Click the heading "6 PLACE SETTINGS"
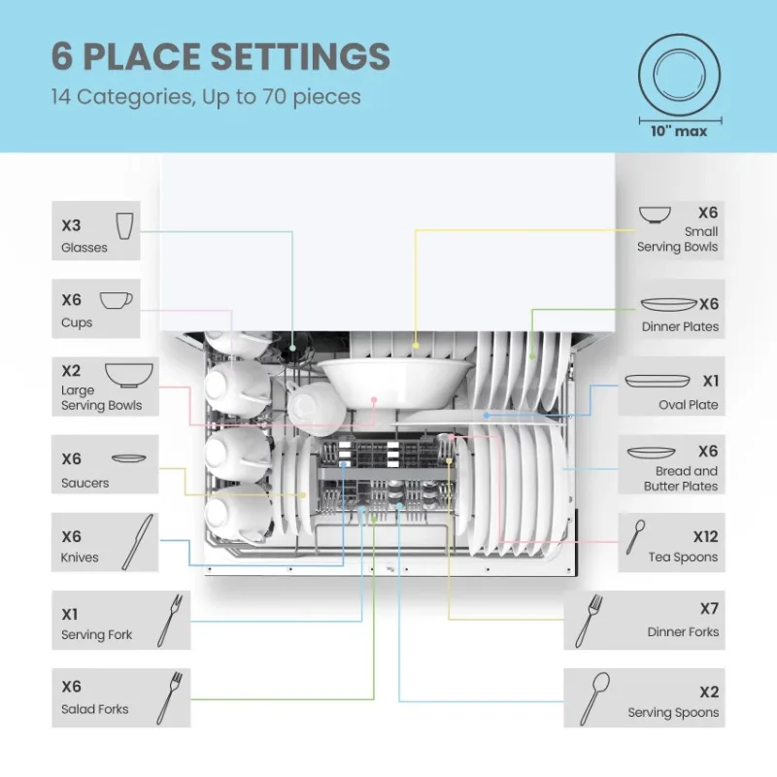tap(220, 56)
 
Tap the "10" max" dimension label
tap(679, 131)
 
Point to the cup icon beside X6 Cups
tap(116, 300)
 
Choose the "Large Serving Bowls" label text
tap(101, 398)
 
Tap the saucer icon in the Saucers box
tap(128, 458)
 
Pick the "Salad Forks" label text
tap(94, 709)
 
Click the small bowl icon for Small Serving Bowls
tap(654, 214)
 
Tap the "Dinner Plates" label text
tap(680, 327)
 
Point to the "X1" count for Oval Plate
tap(710, 382)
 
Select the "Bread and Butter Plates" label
tap(680, 478)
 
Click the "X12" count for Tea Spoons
tap(705, 536)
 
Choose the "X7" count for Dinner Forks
tap(709, 608)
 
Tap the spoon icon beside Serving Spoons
tap(594, 698)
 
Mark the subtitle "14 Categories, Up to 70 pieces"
tap(206, 97)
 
